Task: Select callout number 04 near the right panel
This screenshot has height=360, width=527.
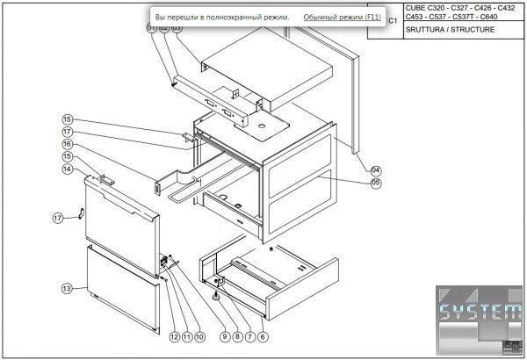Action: point(375,169)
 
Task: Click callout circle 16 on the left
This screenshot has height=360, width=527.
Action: point(67,144)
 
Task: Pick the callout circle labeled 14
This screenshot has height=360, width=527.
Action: point(67,169)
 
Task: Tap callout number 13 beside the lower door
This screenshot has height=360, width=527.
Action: point(67,288)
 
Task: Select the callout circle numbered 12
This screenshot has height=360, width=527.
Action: point(174,336)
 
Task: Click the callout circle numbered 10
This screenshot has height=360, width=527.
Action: point(199,336)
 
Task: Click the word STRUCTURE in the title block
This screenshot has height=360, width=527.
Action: point(475,30)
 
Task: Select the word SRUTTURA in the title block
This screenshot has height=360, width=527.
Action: point(425,30)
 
